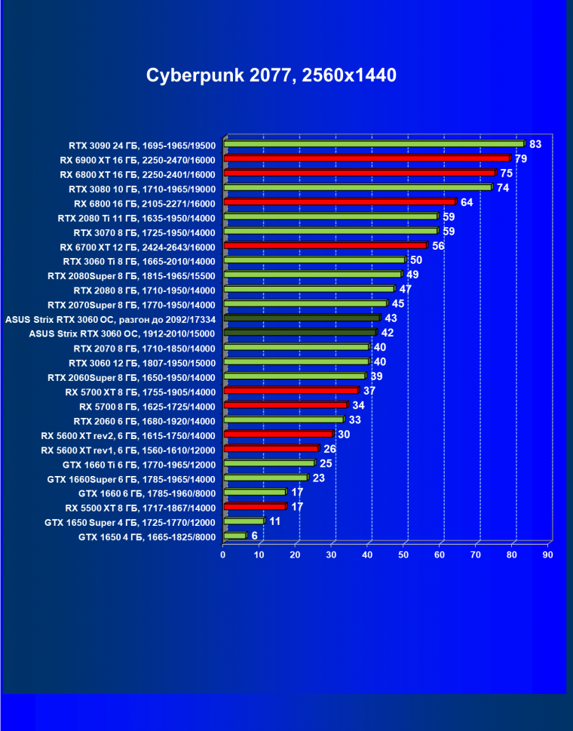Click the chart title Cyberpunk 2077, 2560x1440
[x=271, y=75]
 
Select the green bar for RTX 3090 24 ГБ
[x=373, y=144]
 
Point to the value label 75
[x=506, y=174]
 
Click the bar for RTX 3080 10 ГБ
[x=357, y=188]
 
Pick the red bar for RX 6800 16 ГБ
[x=339, y=202]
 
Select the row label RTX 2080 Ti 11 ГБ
[x=136, y=217]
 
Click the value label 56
[x=438, y=246]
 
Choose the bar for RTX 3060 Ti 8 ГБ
[x=314, y=260]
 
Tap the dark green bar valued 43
[x=301, y=318]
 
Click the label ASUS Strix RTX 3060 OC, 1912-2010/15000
[x=122, y=333]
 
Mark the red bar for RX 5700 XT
[x=290, y=391]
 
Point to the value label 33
[x=354, y=419]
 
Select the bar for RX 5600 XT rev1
[x=271, y=449]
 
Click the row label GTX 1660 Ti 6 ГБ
[x=131, y=464]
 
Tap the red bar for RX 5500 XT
[x=254, y=507]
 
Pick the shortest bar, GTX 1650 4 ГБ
[x=234, y=536]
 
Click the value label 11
[x=275, y=521]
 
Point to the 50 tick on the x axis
[x=403, y=555]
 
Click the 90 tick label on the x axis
[x=547, y=555]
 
